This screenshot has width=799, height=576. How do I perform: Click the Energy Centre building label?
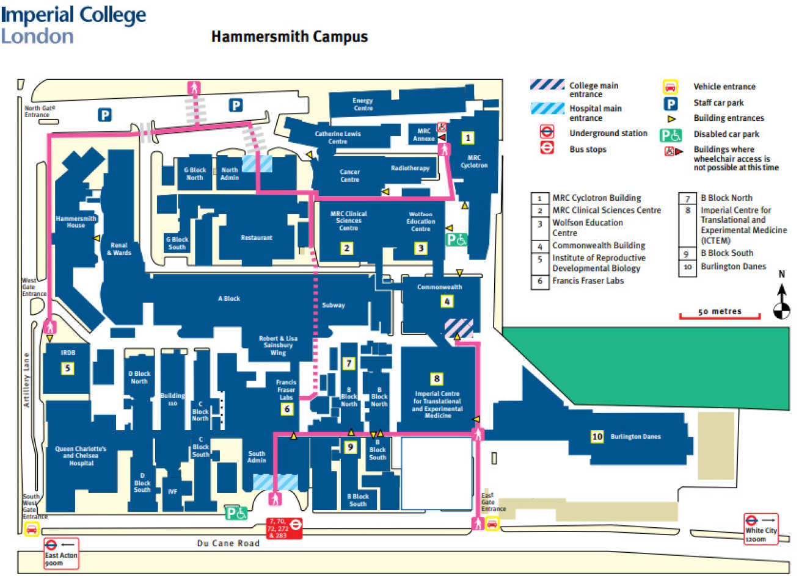click(363, 104)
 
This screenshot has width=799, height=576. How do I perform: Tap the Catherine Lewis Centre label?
click(338, 137)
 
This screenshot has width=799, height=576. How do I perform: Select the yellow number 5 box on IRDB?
click(68, 368)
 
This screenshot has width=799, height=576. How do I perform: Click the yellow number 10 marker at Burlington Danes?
click(597, 436)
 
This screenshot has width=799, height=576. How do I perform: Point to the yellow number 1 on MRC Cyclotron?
click(467, 138)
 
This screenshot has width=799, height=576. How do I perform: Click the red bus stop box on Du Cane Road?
click(284, 528)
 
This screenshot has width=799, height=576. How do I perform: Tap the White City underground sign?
click(761, 528)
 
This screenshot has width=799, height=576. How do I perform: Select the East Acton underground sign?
click(60, 553)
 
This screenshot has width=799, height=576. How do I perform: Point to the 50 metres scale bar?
click(720, 314)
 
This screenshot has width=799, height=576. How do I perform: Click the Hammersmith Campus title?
click(290, 37)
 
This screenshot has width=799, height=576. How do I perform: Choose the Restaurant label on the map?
click(257, 237)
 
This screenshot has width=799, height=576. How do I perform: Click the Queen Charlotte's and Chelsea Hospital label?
click(81, 456)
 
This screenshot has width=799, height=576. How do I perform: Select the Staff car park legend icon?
click(671, 104)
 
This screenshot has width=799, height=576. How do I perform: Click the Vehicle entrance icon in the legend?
click(670, 87)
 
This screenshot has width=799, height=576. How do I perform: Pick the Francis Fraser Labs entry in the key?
click(588, 281)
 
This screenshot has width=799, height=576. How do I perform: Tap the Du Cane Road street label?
click(228, 543)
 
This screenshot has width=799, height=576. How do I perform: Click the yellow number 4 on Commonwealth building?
click(447, 301)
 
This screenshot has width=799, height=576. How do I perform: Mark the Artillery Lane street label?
click(26, 380)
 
